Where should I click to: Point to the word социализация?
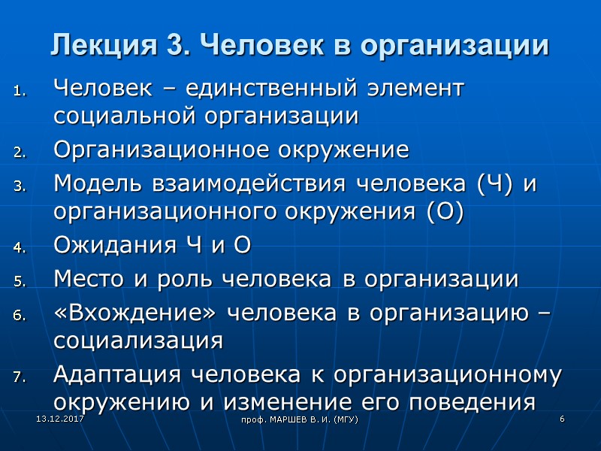coord(138,341)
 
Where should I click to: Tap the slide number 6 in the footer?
coord(561,417)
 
